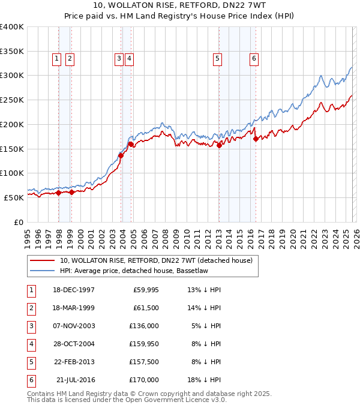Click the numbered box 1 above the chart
tap(56, 58)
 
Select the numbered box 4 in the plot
tap(129, 58)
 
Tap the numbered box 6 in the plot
tap(254, 58)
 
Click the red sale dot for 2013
tap(219, 145)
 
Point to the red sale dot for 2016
tap(256, 139)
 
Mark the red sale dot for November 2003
tap(121, 155)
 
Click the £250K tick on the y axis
tap(12, 100)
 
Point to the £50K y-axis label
tap(14, 197)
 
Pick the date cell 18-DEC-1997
tap(74, 290)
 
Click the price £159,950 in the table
tap(143, 344)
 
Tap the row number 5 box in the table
tap(29, 362)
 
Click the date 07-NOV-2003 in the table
tap(74, 326)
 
